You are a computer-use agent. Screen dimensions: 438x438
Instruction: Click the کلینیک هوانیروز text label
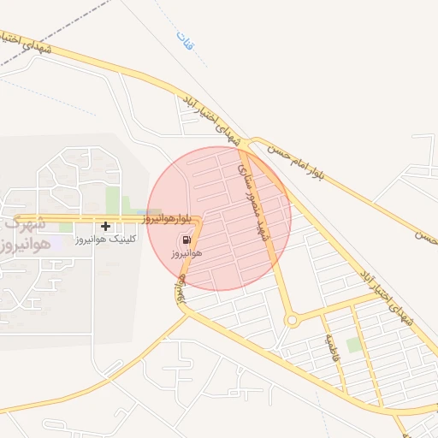click(x=106, y=241)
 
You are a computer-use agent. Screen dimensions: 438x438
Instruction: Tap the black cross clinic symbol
click(x=105, y=227)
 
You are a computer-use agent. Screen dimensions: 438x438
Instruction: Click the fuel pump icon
click(x=186, y=240)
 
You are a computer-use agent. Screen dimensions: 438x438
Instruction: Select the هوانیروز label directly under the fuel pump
click(x=186, y=254)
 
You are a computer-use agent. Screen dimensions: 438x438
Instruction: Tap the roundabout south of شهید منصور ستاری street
click(x=292, y=322)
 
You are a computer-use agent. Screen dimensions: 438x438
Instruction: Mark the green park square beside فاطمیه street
click(x=353, y=345)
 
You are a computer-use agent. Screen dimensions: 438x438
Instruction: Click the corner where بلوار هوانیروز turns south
click(x=198, y=222)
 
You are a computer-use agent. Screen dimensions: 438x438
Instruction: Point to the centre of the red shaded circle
click(x=219, y=218)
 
